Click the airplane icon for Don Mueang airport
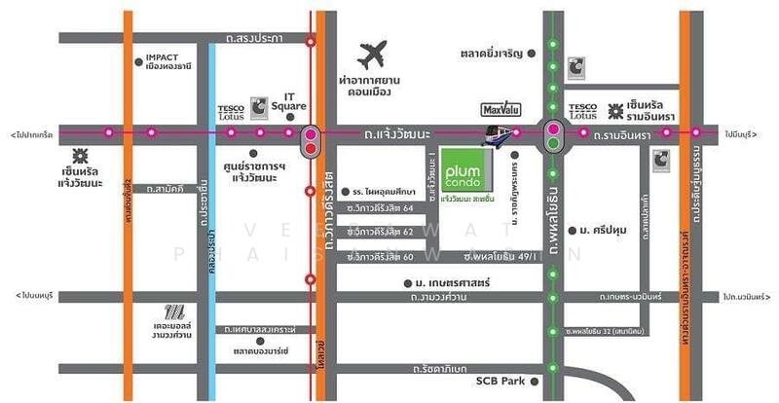(x=374, y=54)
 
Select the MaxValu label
(x=499, y=109)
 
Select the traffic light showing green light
(x=553, y=136)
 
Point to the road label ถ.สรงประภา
(x=251, y=39)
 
